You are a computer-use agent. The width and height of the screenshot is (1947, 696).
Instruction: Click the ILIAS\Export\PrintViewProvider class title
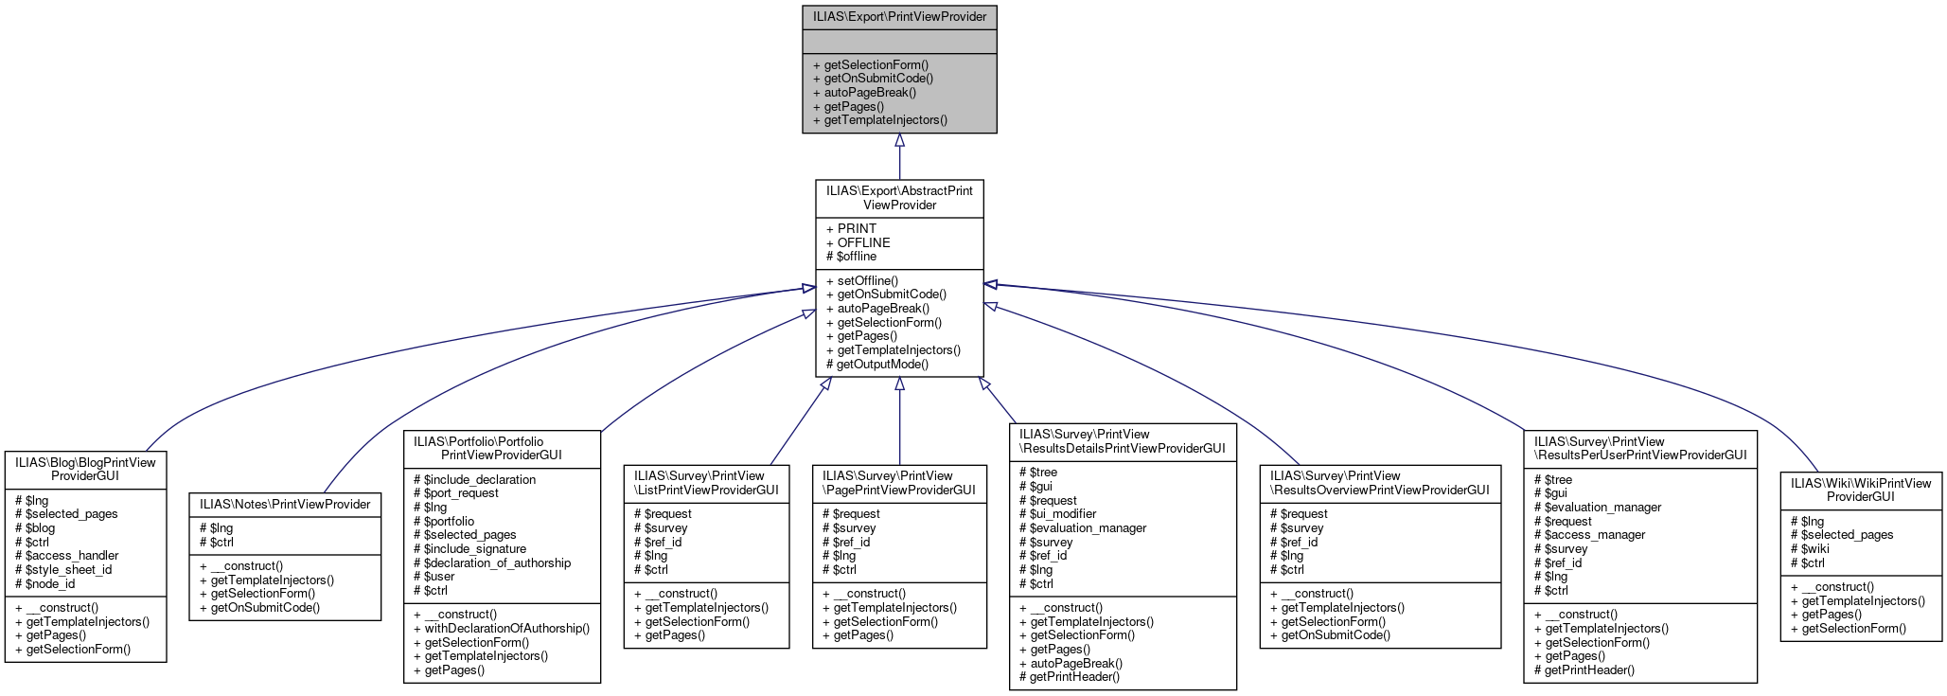tap(899, 16)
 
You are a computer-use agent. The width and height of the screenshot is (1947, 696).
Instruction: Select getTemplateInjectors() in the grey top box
tap(885, 120)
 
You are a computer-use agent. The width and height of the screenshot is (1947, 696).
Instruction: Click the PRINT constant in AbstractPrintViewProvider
tap(857, 228)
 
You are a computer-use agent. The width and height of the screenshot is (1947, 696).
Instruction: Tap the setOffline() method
tap(867, 280)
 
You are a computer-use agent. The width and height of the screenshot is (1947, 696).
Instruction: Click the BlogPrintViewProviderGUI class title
tap(85, 469)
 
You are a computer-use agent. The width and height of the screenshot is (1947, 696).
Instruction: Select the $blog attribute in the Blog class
tap(40, 527)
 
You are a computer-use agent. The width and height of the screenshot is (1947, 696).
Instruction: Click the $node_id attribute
tap(49, 583)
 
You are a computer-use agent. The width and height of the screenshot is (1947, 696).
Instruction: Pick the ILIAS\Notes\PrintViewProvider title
tap(285, 504)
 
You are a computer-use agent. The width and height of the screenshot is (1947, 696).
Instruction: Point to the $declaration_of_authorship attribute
tap(497, 562)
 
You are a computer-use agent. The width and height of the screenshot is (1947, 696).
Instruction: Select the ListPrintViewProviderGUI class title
tap(706, 483)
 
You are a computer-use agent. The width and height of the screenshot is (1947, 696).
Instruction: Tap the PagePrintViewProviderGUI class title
tap(898, 483)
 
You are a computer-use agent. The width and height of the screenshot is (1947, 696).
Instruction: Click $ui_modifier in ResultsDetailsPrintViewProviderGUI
tap(1063, 513)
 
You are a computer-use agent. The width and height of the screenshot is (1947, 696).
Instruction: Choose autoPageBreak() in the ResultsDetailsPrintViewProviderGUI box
tap(1076, 663)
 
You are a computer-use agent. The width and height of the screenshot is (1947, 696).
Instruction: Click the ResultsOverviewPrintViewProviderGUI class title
tap(1379, 483)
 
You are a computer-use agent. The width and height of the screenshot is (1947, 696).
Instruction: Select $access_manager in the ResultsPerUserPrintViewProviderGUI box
tap(1595, 534)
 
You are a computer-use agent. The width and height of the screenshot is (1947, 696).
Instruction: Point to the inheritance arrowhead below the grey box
tap(899, 140)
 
